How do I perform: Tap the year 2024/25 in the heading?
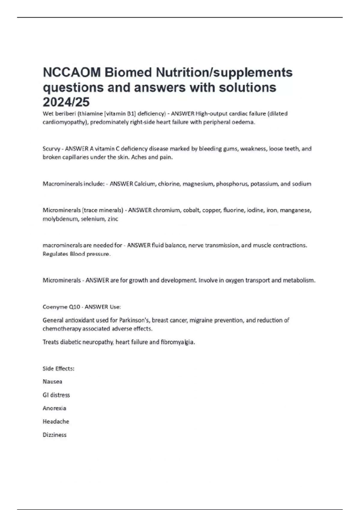pos(66,102)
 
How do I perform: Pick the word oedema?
pos(244,122)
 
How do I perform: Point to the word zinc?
pos(113,219)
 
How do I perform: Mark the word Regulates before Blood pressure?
pos(55,254)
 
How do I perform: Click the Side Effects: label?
pos(58,369)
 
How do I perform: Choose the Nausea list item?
pos(52,382)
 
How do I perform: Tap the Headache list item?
pos(56,421)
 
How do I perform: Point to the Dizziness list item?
pos(55,435)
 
